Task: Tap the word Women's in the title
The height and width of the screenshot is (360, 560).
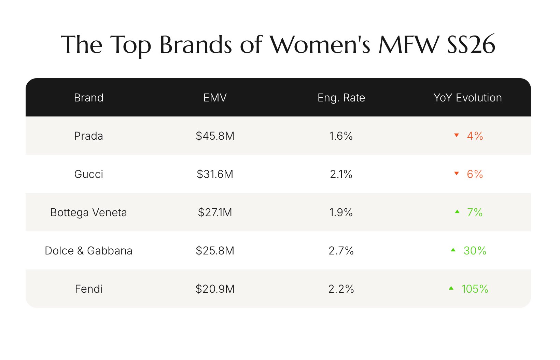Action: (320, 45)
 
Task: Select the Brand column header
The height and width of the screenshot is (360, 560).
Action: (88, 98)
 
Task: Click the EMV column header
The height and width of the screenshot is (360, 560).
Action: (215, 98)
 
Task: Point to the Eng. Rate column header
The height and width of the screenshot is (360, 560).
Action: (341, 98)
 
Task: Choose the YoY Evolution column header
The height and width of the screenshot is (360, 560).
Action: (467, 98)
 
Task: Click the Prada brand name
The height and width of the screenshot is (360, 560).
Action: (88, 136)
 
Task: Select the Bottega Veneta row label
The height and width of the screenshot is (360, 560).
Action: (88, 212)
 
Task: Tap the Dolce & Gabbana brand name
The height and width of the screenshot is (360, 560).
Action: (88, 251)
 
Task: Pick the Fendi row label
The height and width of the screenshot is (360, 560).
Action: (88, 289)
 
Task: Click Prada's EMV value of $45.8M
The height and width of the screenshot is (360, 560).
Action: (215, 136)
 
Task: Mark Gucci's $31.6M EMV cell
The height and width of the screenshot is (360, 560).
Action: (215, 174)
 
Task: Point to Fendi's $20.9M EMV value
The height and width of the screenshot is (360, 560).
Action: (215, 289)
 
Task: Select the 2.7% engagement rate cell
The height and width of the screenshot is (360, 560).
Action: (341, 251)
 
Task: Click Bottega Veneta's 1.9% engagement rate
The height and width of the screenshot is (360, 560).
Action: (341, 212)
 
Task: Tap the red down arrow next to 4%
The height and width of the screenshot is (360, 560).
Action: (457, 135)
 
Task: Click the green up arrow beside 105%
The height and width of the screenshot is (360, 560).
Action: (451, 288)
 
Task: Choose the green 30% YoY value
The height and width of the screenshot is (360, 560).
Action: (475, 251)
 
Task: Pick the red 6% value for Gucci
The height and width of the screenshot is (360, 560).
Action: (475, 174)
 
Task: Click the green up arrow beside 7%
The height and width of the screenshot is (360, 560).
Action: (457, 212)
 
